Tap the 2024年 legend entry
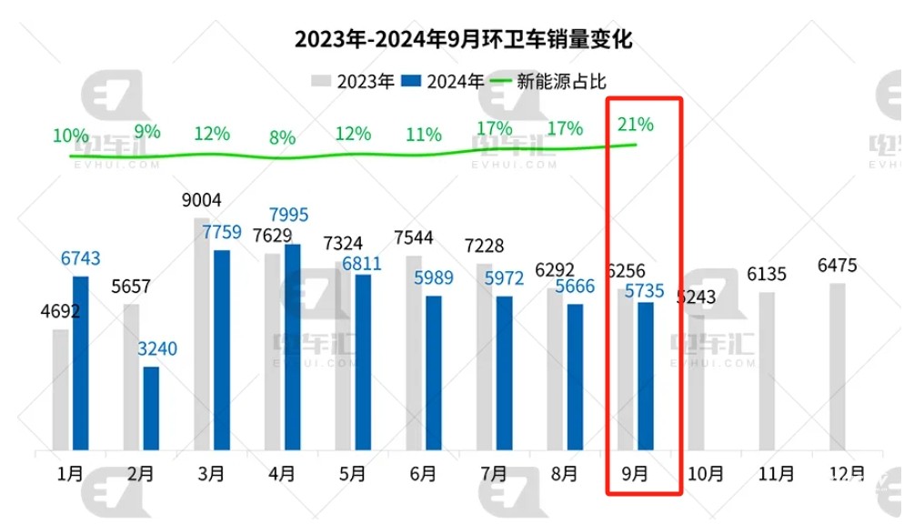[x=444, y=82]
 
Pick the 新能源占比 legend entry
[x=550, y=82]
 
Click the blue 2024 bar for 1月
[x=81, y=364]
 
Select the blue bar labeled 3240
[x=151, y=408]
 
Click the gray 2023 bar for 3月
[x=202, y=335]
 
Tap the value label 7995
[x=289, y=215]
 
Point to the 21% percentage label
[x=636, y=124]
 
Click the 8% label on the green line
[x=282, y=138]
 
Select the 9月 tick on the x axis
[x=635, y=474]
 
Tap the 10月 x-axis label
[x=706, y=474]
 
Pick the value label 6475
[x=838, y=265]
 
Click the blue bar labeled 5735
[x=645, y=377]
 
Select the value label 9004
[x=202, y=200]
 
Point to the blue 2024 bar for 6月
[x=434, y=373]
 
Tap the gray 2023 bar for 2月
[x=131, y=378]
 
